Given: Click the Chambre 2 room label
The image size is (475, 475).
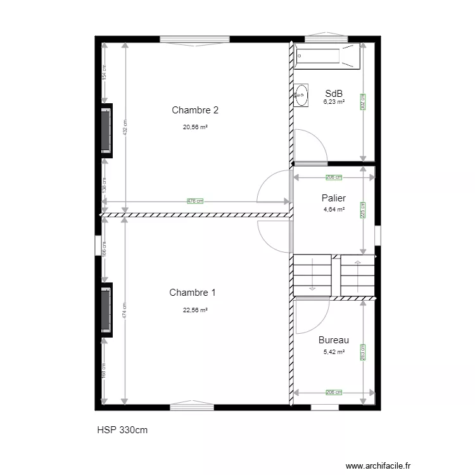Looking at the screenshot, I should pyautogui.click(x=195, y=110).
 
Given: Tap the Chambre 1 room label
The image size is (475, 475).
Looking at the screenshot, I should pyautogui.click(x=193, y=293).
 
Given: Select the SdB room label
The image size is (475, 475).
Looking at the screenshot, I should pyautogui.click(x=334, y=93).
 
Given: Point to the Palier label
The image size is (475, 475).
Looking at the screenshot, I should pyautogui.click(x=333, y=198).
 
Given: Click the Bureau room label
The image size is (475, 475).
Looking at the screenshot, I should pyautogui.click(x=334, y=340).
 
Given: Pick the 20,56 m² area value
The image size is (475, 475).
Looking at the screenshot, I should pyautogui.click(x=195, y=127).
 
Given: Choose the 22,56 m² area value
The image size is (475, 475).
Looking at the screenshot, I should pyautogui.click(x=195, y=310).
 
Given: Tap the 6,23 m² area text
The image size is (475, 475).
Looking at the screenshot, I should pyautogui.click(x=334, y=101).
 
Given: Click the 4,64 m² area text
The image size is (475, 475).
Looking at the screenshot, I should pyautogui.click(x=334, y=209).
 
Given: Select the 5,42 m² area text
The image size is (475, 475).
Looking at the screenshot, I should pyautogui.click(x=334, y=352).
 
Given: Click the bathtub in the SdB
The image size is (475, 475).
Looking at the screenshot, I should pyautogui.click(x=327, y=55).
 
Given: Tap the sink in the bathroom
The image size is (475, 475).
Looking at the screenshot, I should pyautogui.click(x=301, y=95).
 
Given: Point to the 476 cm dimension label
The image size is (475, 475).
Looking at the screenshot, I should pyautogui.click(x=195, y=201).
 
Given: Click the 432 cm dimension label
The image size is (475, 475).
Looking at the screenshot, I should pyautogui.click(x=125, y=129).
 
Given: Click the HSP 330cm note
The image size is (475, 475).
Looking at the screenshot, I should pyautogui.click(x=123, y=430).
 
